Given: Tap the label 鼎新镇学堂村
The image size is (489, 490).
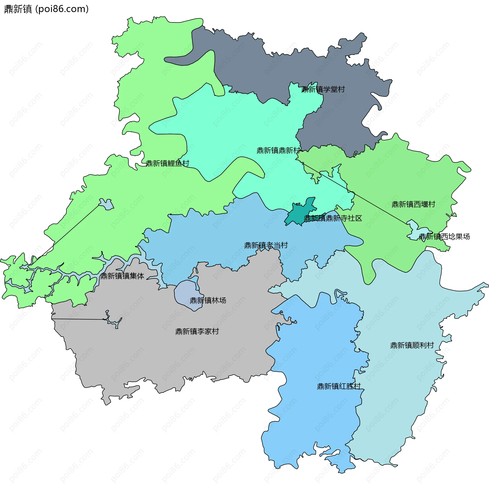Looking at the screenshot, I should tap(323, 89).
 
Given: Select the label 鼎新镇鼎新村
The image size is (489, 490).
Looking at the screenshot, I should tap(278, 150).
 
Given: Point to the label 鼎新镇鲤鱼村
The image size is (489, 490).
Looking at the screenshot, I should tap(167, 163).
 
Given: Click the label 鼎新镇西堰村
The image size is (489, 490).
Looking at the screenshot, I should tap(413, 204).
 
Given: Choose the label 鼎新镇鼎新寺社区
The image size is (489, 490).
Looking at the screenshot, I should tap(333, 218).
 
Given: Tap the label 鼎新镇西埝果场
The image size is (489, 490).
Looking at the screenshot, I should tap(444, 237).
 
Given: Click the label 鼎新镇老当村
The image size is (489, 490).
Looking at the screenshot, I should tap(266, 245).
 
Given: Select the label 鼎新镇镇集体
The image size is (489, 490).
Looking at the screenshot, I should tap(122, 276).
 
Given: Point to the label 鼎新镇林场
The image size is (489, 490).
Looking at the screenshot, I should tap(208, 300).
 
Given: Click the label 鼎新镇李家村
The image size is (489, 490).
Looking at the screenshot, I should tap(197, 331).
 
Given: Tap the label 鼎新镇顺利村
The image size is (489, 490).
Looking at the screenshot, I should tap(412, 345).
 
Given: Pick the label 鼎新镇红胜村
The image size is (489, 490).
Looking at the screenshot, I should tap(339, 386).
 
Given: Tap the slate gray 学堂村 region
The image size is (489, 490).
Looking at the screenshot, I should tap(255, 64).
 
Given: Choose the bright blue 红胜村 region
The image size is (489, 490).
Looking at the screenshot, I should tap(313, 420).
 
